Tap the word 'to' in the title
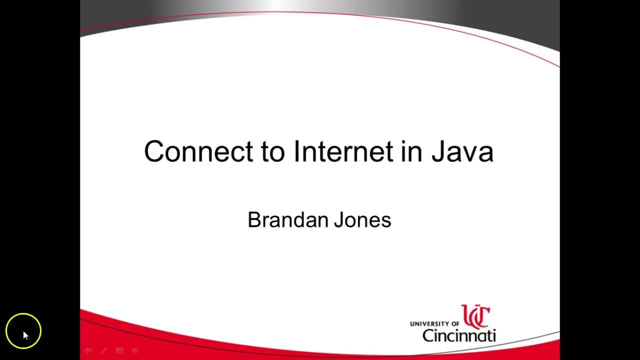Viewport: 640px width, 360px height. click(272, 151)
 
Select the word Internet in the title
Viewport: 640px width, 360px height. click(343, 151)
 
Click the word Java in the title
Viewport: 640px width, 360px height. click(462, 151)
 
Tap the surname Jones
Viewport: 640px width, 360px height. click(362, 220)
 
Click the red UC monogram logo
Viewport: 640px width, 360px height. click(475, 316)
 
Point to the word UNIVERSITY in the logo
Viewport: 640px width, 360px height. click(429, 324)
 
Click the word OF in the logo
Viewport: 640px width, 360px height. click(454, 324)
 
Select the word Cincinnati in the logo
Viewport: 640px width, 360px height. click(459, 335)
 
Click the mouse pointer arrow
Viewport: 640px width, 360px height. click(25, 335)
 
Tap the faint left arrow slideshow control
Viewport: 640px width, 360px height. click(88, 351)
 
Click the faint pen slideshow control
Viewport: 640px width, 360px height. click(104, 351)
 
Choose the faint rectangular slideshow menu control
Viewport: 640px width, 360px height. click(119, 351)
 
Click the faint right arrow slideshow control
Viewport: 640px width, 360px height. click(135, 351)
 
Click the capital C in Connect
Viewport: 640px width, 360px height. click(154, 151)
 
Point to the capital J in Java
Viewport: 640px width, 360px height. click(438, 151)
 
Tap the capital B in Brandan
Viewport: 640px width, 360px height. click(254, 220)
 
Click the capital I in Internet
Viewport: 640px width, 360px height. click(297, 151)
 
